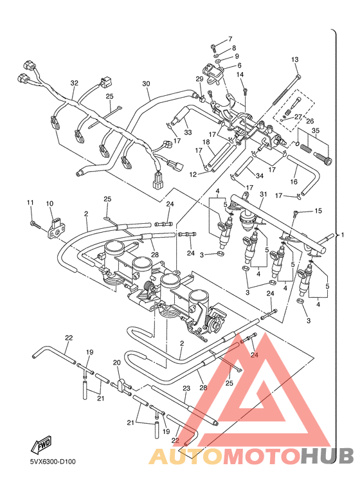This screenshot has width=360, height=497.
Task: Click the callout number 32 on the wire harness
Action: point(74,84)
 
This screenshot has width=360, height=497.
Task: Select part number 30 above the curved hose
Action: point(146,84)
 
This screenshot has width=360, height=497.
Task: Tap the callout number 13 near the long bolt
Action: point(295,60)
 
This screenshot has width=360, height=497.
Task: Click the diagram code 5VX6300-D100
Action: point(52,461)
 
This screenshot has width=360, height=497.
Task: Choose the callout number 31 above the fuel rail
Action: point(262,195)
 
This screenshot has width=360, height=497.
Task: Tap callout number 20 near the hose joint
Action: point(117,363)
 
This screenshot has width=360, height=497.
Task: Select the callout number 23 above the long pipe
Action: point(186,388)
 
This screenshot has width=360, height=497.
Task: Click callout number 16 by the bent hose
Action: point(294,183)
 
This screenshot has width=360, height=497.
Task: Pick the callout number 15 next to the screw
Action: point(318,211)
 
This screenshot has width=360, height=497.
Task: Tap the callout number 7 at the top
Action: point(230,39)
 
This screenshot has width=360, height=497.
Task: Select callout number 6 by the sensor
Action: point(239,66)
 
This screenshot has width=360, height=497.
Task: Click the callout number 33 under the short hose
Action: point(188,132)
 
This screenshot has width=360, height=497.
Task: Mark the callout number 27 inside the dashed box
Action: point(298,116)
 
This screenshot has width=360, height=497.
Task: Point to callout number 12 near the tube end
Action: point(194,174)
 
